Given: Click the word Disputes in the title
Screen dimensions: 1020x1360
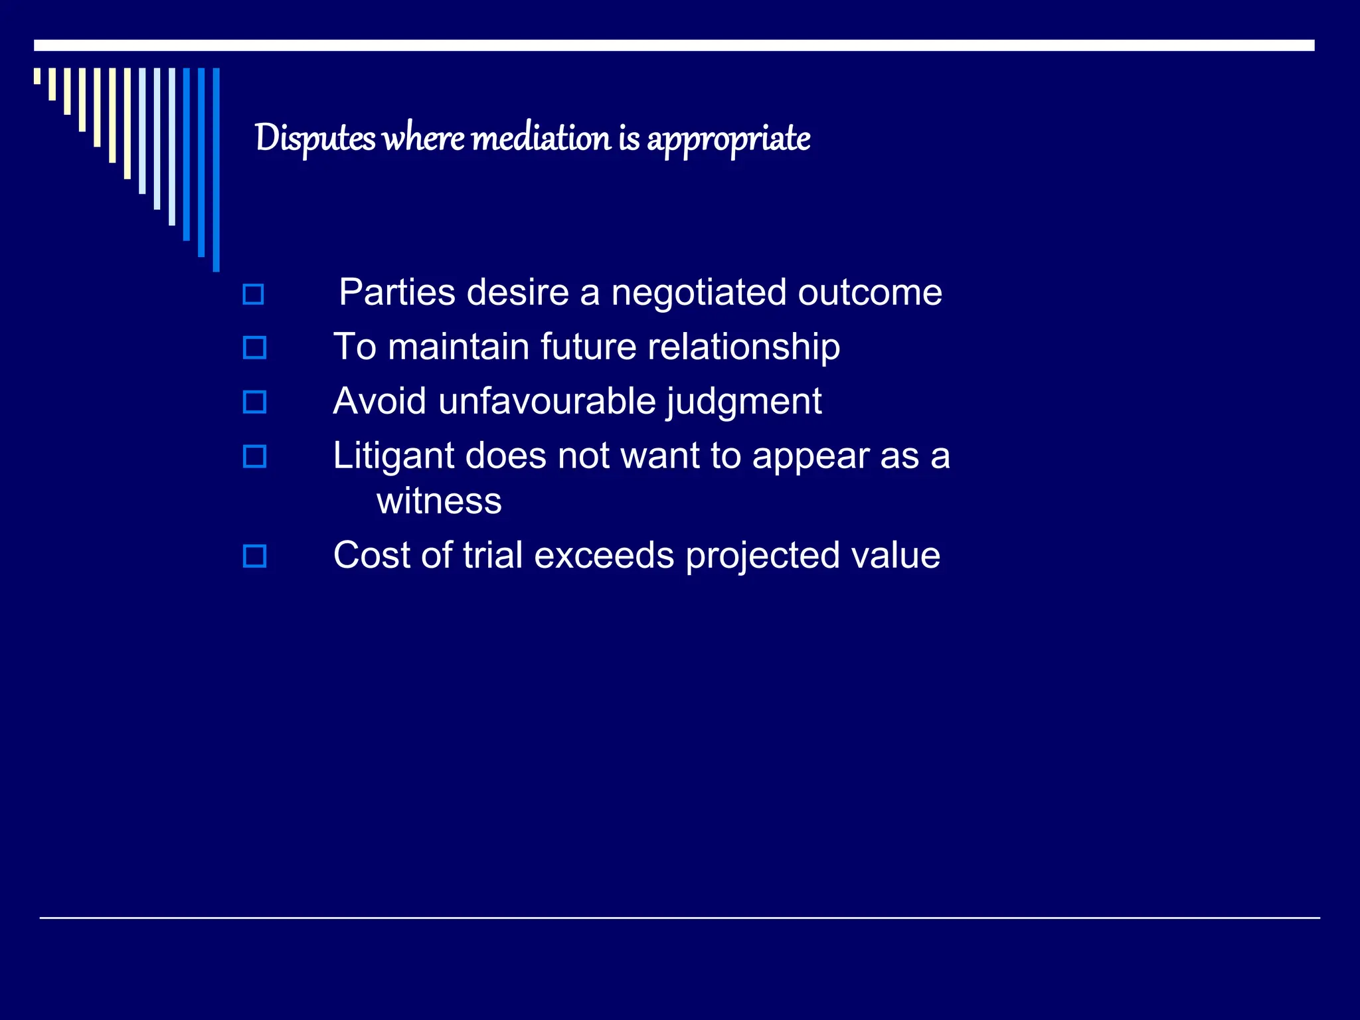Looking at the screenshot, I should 315,138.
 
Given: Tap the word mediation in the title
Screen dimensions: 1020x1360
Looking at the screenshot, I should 540,138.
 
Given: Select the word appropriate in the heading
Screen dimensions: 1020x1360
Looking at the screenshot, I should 728,139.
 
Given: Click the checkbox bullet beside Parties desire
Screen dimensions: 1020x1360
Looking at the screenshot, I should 253,294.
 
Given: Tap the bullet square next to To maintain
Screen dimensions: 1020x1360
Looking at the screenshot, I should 254,348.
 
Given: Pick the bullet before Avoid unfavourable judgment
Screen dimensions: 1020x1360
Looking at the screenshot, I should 254,402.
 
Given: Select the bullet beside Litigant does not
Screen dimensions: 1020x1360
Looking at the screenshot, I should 254,457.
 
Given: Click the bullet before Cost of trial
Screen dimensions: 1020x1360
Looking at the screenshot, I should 254,556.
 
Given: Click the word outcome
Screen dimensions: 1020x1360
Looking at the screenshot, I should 869,293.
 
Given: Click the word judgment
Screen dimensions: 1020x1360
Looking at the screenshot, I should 744,402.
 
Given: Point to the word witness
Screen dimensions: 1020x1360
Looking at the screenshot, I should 439,501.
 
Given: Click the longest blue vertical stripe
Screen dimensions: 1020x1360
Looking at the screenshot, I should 216,169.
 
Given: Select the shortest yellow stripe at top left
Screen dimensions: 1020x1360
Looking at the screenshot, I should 37,76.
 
